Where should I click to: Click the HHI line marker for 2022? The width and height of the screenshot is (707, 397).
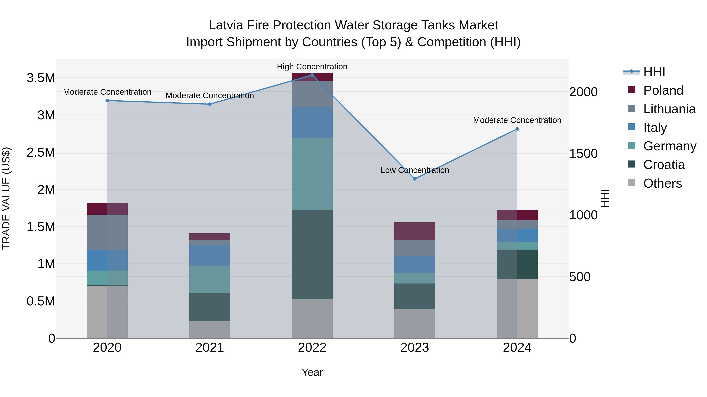pyautogui.click(x=312, y=75)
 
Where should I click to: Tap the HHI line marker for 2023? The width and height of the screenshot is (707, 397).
pyautogui.click(x=415, y=179)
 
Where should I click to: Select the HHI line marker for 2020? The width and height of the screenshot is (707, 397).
pyautogui.click(x=107, y=101)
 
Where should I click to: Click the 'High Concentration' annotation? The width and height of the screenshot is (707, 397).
pyautogui.click(x=312, y=67)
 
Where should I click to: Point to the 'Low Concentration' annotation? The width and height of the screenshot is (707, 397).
pyautogui.click(x=415, y=170)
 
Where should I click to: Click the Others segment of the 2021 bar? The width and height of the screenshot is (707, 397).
pyautogui.click(x=210, y=329)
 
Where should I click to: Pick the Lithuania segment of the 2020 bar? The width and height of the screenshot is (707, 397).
pyautogui.click(x=107, y=232)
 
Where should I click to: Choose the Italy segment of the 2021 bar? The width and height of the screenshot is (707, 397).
pyautogui.click(x=210, y=255)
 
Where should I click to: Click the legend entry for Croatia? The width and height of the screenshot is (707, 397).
pyautogui.click(x=664, y=165)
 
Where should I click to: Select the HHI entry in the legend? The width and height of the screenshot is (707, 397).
pyautogui.click(x=654, y=72)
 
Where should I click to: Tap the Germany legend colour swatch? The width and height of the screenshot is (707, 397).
pyautogui.click(x=632, y=145)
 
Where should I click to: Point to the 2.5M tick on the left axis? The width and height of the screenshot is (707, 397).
pyautogui.click(x=41, y=152)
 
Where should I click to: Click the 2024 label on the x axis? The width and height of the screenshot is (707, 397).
pyautogui.click(x=517, y=347)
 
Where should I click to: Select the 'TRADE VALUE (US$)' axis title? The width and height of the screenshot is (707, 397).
pyautogui.click(x=6, y=198)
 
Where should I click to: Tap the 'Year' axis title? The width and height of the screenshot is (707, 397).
pyautogui.click(x=312, y=372)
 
